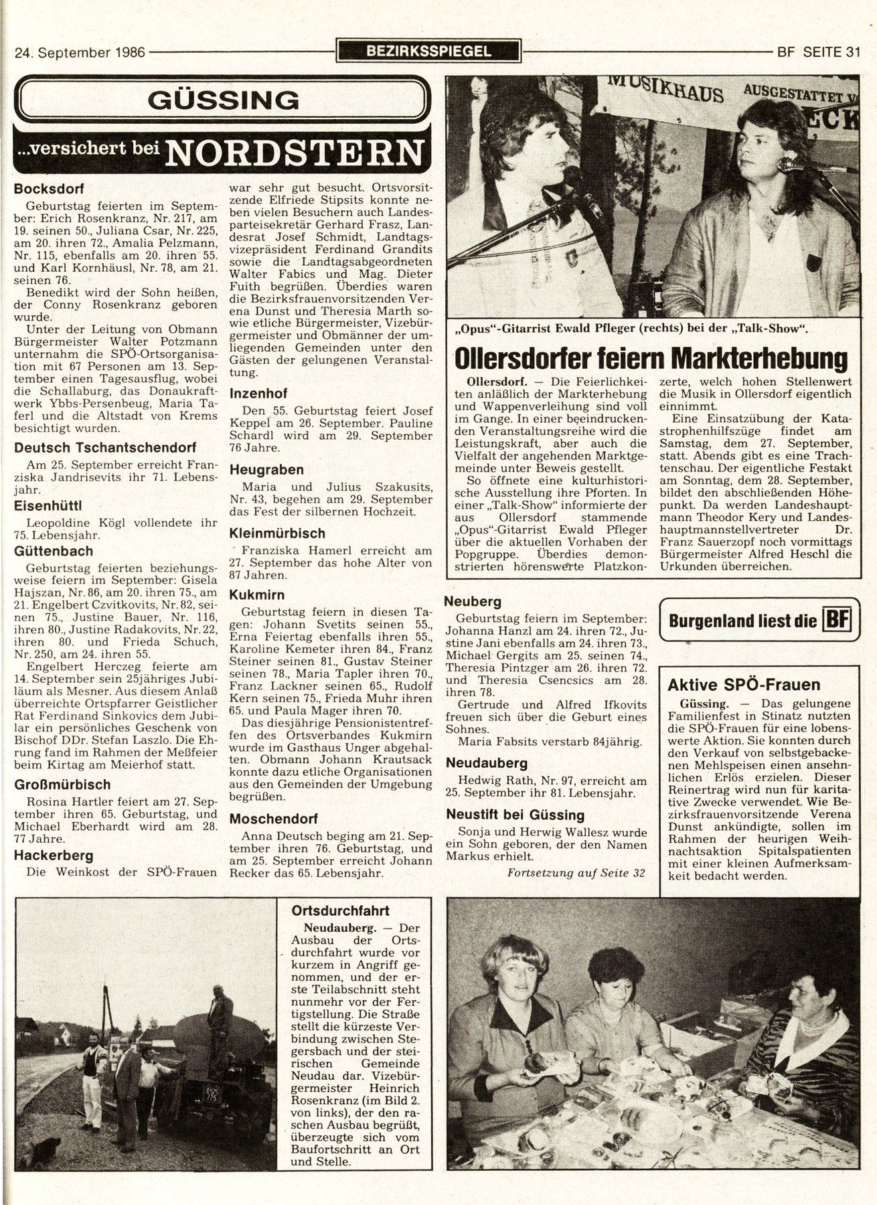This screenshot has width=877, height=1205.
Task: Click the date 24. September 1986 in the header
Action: pyautogui.click(x=80, y=52)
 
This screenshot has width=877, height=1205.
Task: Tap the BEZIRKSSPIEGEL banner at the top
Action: pyautogui.click(x=428, y=51)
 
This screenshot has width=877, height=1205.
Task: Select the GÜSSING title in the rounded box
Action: pyautogui.click(x=223, y=100)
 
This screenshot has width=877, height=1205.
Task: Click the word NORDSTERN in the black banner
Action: pyautogui.click(x=295, y=153)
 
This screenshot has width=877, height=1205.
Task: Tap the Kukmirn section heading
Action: pyautogui.click(x=256, y=594)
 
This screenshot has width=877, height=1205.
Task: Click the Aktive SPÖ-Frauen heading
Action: pyautogui.click(x=743, y=685)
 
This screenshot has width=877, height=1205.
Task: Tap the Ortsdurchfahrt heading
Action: pyautogui.click(x=340, y=911)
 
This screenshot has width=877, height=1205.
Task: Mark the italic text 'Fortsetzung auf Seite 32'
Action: pyautogui.click(x=576, y=873)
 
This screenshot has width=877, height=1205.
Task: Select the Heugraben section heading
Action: pyautogui.click(x=266, y=470)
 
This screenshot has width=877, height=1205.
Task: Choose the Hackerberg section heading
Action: pyautogui.click(x=54, y=855)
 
